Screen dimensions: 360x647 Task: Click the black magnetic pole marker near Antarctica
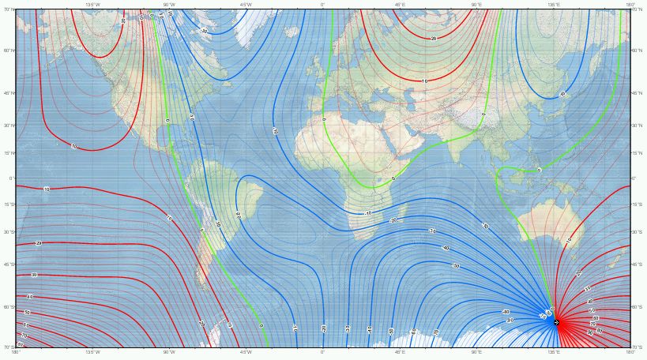556,322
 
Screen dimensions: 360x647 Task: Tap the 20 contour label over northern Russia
434,39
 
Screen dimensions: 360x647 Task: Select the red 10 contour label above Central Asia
426,81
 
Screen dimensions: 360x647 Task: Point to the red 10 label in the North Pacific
73,146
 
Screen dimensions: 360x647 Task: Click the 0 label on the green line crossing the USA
167,121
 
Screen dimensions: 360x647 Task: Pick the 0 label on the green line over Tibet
483,114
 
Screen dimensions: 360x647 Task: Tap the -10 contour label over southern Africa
368,213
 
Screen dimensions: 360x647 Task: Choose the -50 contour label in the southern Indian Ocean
456,266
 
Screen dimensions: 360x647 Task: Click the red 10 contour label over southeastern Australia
567,240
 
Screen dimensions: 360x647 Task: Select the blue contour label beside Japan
562,94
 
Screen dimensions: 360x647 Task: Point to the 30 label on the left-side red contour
34,275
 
